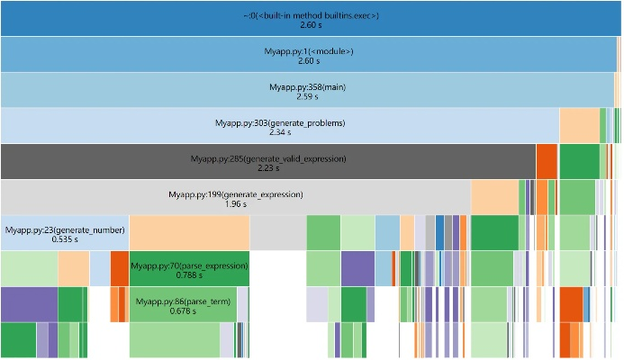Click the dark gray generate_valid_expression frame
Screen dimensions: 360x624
click(x=267, y=158)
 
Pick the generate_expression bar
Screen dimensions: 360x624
click(x=235, y=194)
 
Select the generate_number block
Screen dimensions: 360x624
click(x=63, y=230)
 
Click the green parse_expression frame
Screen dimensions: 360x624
click(x=189, y=266)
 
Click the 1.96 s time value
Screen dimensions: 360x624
click(x=236, y=204)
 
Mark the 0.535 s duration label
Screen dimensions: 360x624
click(x=63, y=240)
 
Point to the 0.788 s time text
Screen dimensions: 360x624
click(x=189, y=276)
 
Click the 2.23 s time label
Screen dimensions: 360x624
click(x=268, y=168)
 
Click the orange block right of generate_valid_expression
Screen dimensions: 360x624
click(x=547, y=160)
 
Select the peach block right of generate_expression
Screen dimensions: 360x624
click(x=494, y=196)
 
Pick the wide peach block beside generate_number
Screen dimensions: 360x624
click(x=189, y=232)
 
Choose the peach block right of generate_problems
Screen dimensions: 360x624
click(x=579, y=124)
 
